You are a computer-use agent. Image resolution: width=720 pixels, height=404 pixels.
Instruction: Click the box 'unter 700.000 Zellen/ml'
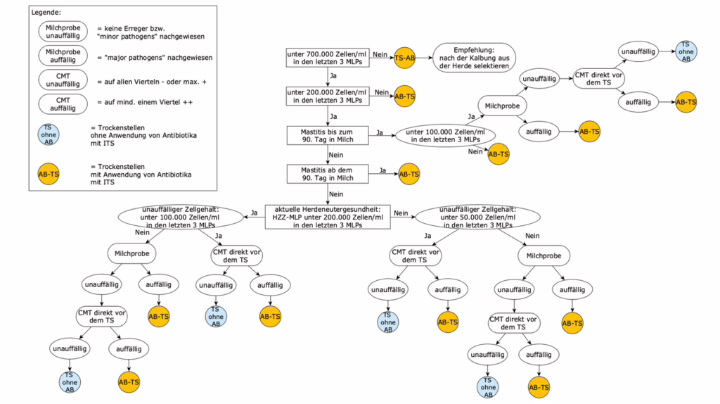327,57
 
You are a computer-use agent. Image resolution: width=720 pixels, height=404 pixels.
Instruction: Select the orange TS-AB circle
404,58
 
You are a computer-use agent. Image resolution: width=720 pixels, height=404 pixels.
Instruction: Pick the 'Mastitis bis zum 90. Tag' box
327,134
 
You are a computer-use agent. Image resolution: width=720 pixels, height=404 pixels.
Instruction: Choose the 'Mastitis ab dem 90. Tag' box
327,173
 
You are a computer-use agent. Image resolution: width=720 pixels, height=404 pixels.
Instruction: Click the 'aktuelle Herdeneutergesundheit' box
327,216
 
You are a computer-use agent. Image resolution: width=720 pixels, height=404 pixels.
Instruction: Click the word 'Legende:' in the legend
47,13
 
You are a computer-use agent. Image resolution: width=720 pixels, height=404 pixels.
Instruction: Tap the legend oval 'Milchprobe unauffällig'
63,30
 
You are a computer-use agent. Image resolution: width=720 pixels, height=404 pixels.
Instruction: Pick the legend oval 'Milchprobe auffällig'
63,56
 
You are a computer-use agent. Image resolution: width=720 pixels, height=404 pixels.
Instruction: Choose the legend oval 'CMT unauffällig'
63,80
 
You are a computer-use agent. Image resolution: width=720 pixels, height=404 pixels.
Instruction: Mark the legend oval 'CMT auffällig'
63,103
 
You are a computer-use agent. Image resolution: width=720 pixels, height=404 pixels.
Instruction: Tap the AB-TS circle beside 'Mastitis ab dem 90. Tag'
409,174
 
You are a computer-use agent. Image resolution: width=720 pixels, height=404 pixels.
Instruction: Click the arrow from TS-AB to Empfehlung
424,58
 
